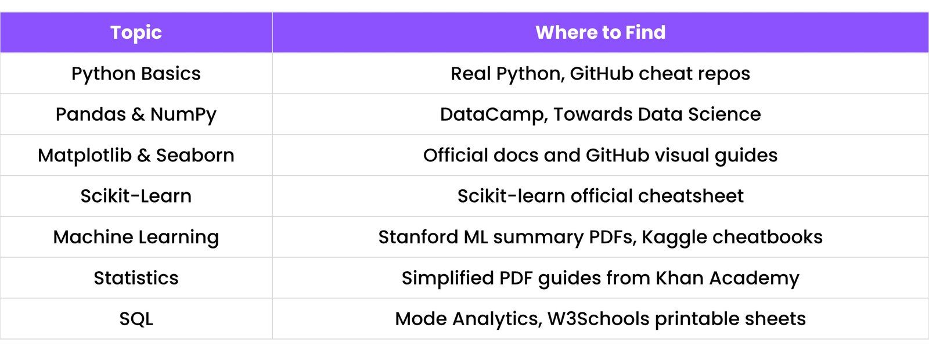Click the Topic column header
tap(136, 33)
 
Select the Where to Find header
tap(600, 33)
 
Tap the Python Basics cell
tap(136, 74)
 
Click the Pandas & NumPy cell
tap(136, 114)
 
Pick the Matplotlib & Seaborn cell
tap(136, 156)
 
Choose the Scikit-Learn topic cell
tap(136, 196)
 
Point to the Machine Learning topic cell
tap(136, 237)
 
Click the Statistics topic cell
tap(136, 278)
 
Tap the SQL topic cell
tap(136, 319)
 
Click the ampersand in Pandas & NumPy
tap(138, 114)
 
